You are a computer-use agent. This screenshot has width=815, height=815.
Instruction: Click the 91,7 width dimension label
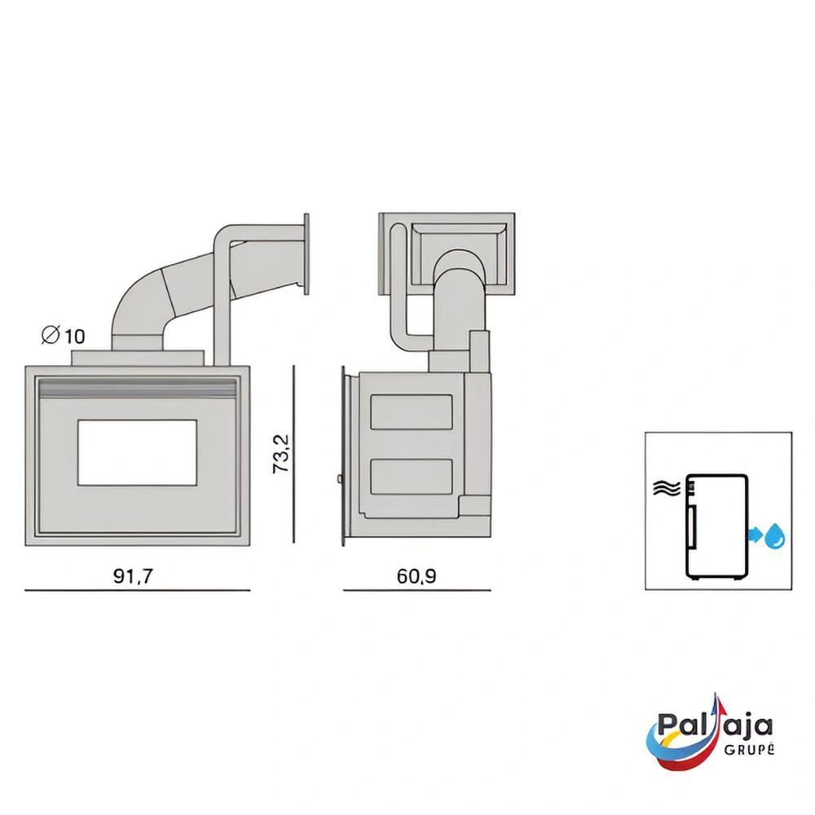[133, 576]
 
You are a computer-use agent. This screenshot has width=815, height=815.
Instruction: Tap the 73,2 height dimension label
[281, 454]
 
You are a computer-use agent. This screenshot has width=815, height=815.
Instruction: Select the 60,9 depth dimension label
[416, 576]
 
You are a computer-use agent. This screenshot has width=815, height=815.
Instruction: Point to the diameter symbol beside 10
[51, 335]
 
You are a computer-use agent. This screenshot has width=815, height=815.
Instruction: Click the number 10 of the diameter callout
[75, 337]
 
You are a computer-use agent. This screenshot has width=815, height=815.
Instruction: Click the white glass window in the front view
[137, 452]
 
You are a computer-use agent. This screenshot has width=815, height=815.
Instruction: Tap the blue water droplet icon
[775, 535]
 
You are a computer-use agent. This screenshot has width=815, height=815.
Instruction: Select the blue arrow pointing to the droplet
[756, 535]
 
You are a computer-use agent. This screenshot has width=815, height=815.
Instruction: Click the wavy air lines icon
[667, 488]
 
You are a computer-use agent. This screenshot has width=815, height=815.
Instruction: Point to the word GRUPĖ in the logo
[749, 749]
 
